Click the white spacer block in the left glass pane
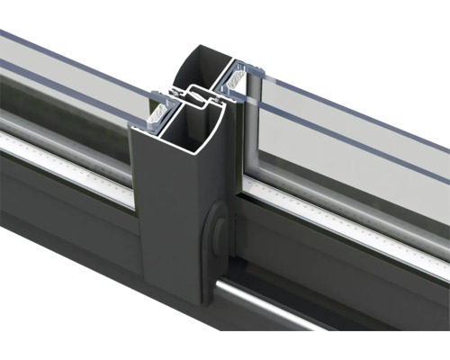click(157, 112)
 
